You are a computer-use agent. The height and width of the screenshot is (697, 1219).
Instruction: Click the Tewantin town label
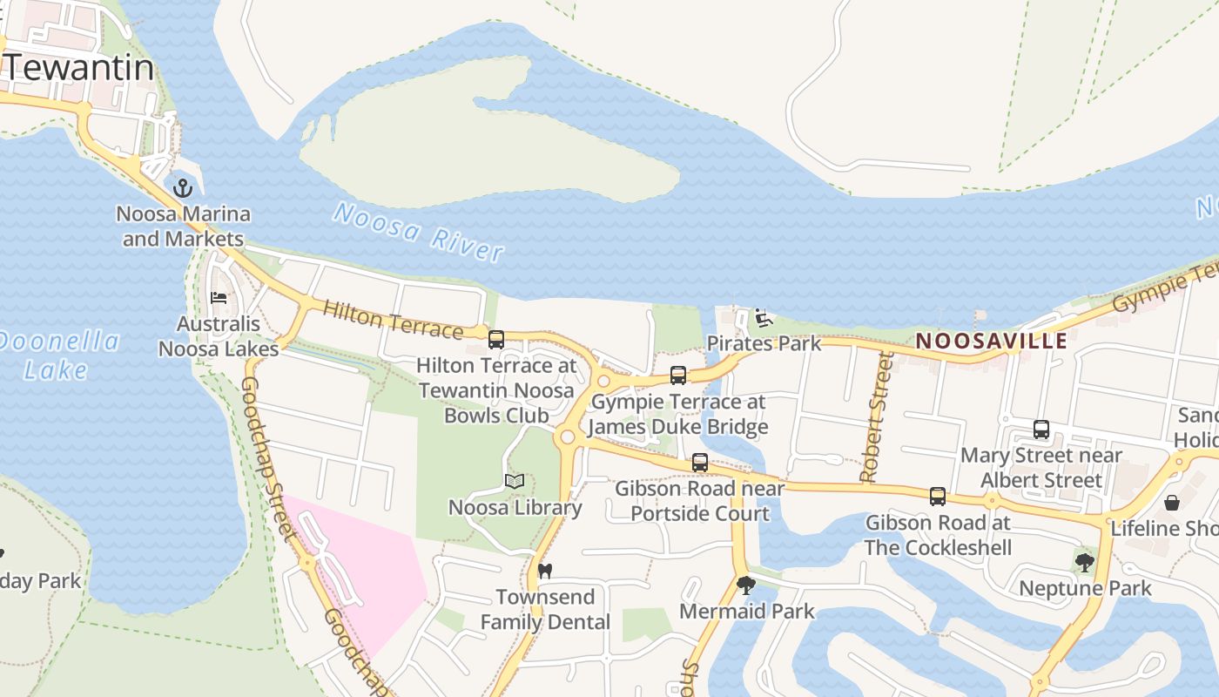(80, 68)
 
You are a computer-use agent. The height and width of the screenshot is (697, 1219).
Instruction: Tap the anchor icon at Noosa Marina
(183, 187)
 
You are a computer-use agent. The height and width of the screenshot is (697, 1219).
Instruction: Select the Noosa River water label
(418, 232)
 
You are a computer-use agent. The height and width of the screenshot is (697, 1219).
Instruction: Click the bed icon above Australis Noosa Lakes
(219, 298)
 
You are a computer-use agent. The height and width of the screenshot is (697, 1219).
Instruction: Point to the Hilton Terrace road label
(392, 319)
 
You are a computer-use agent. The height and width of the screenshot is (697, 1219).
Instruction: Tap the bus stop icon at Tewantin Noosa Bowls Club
(496, 339)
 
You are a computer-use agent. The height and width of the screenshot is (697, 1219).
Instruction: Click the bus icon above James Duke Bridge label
(678, 376)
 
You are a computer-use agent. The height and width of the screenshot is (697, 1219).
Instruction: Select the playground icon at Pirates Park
(764, 318)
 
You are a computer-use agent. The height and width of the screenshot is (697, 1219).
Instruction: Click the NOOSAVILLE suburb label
(992, 341)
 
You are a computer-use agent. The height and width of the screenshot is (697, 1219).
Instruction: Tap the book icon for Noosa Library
(515, 481)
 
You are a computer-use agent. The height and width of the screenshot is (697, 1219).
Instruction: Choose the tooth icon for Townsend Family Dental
(545, 572)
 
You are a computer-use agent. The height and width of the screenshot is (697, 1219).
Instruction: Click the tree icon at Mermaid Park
(745, 585)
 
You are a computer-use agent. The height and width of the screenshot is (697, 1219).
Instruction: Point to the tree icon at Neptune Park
(1084, 563)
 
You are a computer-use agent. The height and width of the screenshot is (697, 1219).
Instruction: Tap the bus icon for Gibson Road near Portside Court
(700, 463)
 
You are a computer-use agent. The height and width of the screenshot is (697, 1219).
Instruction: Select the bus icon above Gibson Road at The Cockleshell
(938, 497)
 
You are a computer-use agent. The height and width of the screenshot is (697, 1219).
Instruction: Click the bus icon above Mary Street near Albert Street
(1041, 429)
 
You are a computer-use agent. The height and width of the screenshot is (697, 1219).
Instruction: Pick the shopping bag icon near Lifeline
(1172, 503)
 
